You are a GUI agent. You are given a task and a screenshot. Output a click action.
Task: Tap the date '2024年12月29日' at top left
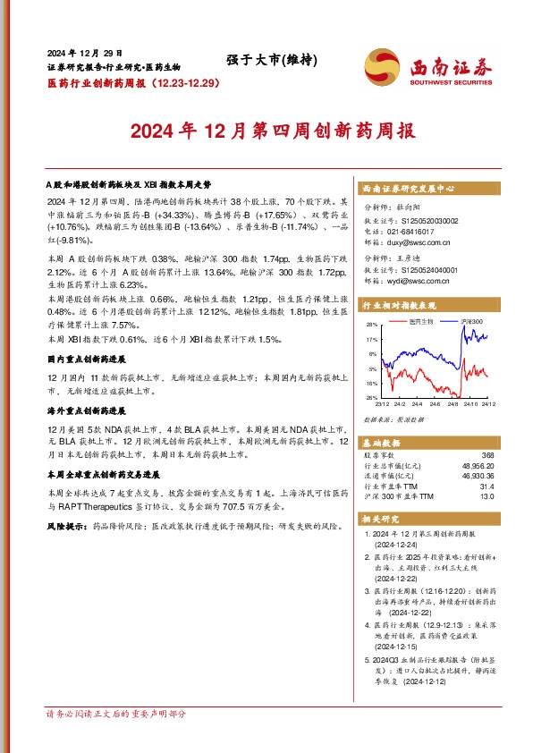(x=85, y=53)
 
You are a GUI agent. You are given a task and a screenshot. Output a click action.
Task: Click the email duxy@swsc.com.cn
(x=419, y=241)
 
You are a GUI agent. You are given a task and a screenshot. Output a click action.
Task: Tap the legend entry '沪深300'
(x=472, y=321)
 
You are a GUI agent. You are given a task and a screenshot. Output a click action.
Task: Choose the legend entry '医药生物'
(x=422, y=321)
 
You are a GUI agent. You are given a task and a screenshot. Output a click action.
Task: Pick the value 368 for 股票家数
(x=487, y=456)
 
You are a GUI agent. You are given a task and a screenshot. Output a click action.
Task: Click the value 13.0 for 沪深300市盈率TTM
(x=486, y=495)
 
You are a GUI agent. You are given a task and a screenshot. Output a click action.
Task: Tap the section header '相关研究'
(x=381, y=519)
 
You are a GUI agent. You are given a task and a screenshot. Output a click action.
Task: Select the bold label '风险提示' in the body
(x=65, y=529)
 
